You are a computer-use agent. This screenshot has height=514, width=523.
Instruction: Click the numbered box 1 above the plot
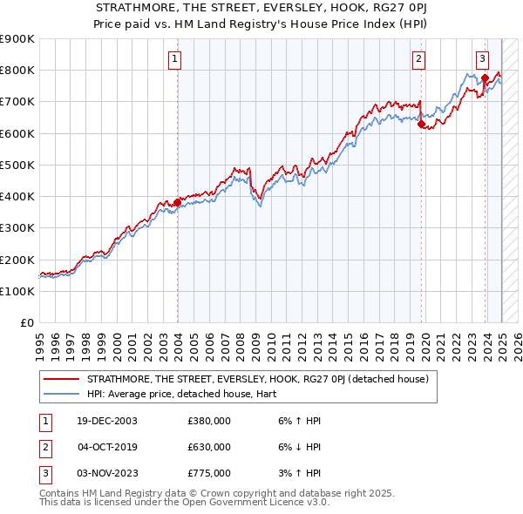(175, 59)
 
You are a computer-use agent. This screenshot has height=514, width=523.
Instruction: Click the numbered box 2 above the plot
(419, 59)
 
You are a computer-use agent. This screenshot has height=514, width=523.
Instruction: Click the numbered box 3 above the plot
(482, 59)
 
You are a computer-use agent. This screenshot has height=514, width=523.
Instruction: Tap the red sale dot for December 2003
(177, 202)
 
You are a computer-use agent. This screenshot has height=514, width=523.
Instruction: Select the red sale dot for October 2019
(421, 124)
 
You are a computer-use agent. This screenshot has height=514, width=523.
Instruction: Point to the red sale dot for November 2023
(485, 78)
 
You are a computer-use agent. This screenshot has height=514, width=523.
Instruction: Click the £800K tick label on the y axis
(17, 70)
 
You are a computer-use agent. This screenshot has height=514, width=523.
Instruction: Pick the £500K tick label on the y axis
(17, 165)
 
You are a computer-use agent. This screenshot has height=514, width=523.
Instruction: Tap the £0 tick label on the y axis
(26, 322)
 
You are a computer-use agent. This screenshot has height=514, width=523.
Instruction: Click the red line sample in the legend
(61, 380)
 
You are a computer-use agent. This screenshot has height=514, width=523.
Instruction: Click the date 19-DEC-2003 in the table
(107, 421)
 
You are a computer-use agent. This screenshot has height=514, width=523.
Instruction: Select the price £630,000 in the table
(209, 447)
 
